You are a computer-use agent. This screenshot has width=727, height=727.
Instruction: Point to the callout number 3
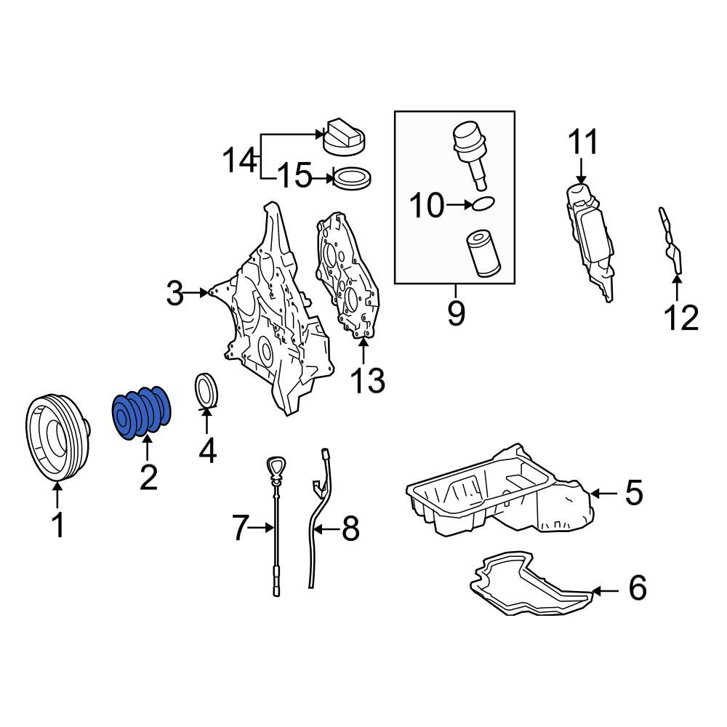pos(174,293)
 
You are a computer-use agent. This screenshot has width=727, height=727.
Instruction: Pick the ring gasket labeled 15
pos(353,178)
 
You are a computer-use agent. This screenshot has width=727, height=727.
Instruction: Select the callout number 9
pos(456,313)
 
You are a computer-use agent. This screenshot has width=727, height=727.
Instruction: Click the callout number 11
pos(583,142)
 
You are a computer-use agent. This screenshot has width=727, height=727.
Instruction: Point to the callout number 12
pos(681,318)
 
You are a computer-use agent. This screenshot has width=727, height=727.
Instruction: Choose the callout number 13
pos(368,381)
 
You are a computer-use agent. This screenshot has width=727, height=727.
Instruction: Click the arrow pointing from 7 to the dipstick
pos(262,528)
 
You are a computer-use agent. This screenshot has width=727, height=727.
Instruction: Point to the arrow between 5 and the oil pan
pos(604,494)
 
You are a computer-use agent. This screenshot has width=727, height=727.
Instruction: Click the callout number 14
pos(240,160)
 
